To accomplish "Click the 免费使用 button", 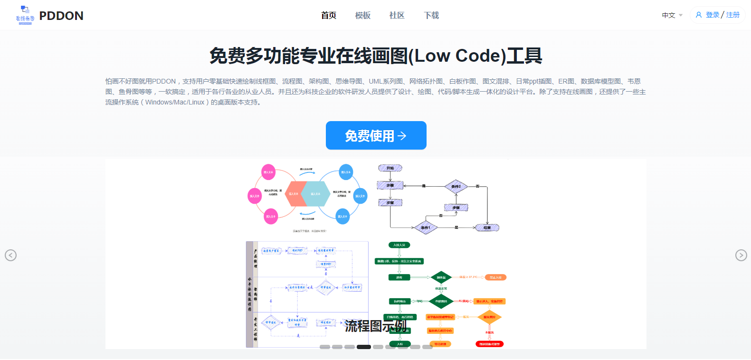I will coord(376,135).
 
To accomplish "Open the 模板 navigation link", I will coord(363,16).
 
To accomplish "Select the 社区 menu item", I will coord(397,16).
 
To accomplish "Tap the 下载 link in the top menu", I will coord(431,16).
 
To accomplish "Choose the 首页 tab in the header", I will coord(329,16).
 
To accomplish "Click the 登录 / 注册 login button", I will coord(717,15).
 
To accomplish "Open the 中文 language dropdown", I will coord(672,15).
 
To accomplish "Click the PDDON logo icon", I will coord(25,15).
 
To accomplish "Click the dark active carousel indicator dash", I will coord(364,347).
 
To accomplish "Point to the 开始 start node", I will coord(390,168).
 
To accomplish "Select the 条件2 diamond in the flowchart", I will coord(456,186).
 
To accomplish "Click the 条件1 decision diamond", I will coord(426,227).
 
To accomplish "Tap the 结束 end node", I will coord(487,227).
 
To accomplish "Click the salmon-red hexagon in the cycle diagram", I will coord(295,194).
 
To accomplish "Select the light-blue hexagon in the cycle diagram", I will coord(315,194).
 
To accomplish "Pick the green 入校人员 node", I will coord(399,245).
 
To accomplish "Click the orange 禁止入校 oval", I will coord(495,277).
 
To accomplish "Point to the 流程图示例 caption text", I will coord(375,326).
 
